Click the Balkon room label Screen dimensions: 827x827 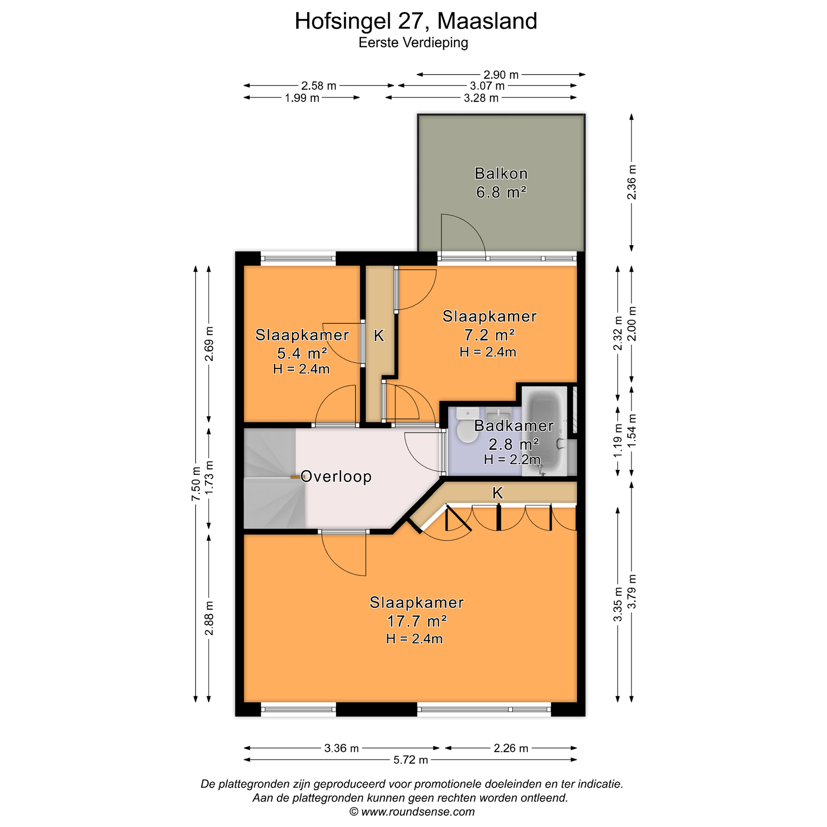click(501, 173)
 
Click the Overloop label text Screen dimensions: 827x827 click(336, 476)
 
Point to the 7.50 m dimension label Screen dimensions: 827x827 click(196, 484)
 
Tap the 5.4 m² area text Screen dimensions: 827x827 click(302, 353)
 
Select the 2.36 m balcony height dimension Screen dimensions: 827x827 click(631, 182)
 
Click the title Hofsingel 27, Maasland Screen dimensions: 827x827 click(416, 21)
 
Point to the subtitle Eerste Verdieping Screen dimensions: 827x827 click(413, 43)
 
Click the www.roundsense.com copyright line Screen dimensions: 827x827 click(412, 811)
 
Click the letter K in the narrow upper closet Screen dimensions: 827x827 click(379, 336)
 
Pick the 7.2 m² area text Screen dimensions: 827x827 click(489, 335)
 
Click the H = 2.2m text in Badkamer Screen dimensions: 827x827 click(512, 459)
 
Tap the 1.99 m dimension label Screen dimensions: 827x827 click(302, 98)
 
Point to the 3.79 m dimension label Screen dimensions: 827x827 click(631, 591)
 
